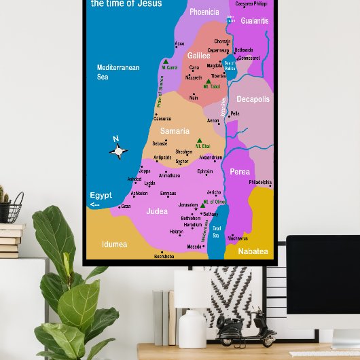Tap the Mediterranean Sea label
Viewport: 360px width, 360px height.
coord(118,72)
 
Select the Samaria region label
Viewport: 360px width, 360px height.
coord(175,130)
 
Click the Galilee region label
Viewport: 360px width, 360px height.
coord(199,55)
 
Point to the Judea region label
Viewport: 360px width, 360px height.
coord(157,211)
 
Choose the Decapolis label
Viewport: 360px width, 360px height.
coord(253,99)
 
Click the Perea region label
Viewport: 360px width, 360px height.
coord(240,172)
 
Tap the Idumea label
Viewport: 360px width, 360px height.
coord(114,244)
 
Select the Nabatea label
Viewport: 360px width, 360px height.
coord(253,251)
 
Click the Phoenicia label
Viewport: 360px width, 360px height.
coord(204,12)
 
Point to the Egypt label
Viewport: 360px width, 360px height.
coord(101,196)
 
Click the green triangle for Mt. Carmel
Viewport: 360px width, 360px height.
coord(164,61)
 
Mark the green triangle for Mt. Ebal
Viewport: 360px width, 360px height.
coord(199,141)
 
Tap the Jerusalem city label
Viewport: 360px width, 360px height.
coord(188,204)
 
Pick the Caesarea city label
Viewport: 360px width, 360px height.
coord(162,119)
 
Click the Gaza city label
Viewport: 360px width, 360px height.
coord(126,206)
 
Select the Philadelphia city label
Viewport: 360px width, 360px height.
coord(259,182)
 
